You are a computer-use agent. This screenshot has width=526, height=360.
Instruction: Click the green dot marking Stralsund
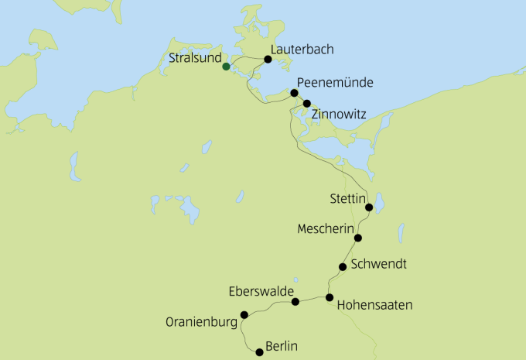(x=226, y=67)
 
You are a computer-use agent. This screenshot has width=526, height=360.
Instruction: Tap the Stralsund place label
(x=194, y=57)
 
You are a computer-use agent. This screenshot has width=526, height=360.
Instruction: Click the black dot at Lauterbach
(x=268, y=59)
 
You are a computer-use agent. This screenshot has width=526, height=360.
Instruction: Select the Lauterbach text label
(x=302, y=50)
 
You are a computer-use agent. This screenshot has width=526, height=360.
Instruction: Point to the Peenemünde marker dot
(x=294, y=93)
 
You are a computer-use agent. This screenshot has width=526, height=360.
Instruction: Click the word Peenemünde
(x=336, y=83)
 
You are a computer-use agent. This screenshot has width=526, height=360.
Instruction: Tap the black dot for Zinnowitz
(x=307, y=103)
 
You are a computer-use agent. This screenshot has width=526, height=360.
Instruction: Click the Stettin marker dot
(x=369, y=207)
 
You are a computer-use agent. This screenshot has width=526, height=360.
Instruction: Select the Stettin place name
(x=348, y=198)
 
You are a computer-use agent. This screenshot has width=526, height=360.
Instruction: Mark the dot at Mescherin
(x=357, y=238)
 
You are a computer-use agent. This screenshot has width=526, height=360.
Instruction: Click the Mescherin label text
(x=326, y=229)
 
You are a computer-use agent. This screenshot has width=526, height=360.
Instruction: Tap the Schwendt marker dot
(x=343, y=267)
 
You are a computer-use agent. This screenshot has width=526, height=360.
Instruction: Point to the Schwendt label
(x=378, y=264)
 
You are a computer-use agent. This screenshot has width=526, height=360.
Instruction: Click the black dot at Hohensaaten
(x=330, y=297)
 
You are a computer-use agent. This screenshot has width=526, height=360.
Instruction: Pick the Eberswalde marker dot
(x=295, y=301)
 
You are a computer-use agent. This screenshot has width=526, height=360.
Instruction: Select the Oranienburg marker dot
(x=244, y=314)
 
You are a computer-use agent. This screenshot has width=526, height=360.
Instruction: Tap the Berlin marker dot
(x=259, y=351)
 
